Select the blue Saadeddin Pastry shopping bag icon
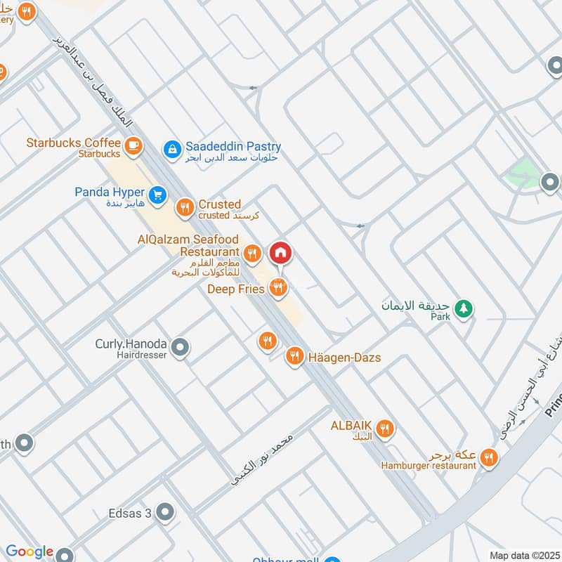coord(171,149)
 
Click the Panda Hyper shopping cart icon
coord(157,193)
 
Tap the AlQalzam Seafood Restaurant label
coord(188,246)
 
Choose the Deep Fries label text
coord(235,289)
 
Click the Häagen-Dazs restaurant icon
coord(294,357)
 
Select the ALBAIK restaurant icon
coord(385,428)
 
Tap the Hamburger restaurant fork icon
coord(490,458)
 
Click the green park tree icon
coord(463,308)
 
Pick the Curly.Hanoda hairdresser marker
coord(181,347)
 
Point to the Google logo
coord(29,552)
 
